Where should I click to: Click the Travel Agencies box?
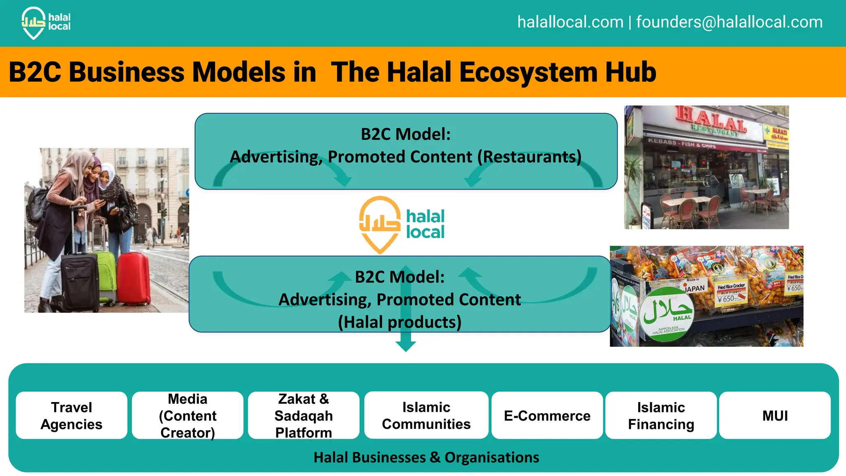[71, 415]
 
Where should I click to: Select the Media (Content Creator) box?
[188, 415]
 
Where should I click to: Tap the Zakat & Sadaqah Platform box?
[304, 415]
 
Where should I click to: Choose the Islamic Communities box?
[426, 415]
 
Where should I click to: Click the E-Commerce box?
[547, 415]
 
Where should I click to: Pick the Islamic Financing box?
[661, 415]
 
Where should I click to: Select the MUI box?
[775, 415]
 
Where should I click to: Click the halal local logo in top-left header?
[45, 23]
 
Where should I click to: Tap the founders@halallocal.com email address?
[729, 22]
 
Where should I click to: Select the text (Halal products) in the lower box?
[399, 322]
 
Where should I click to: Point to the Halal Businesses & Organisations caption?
[426, 457]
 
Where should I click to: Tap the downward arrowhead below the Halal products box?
[406, 346]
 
